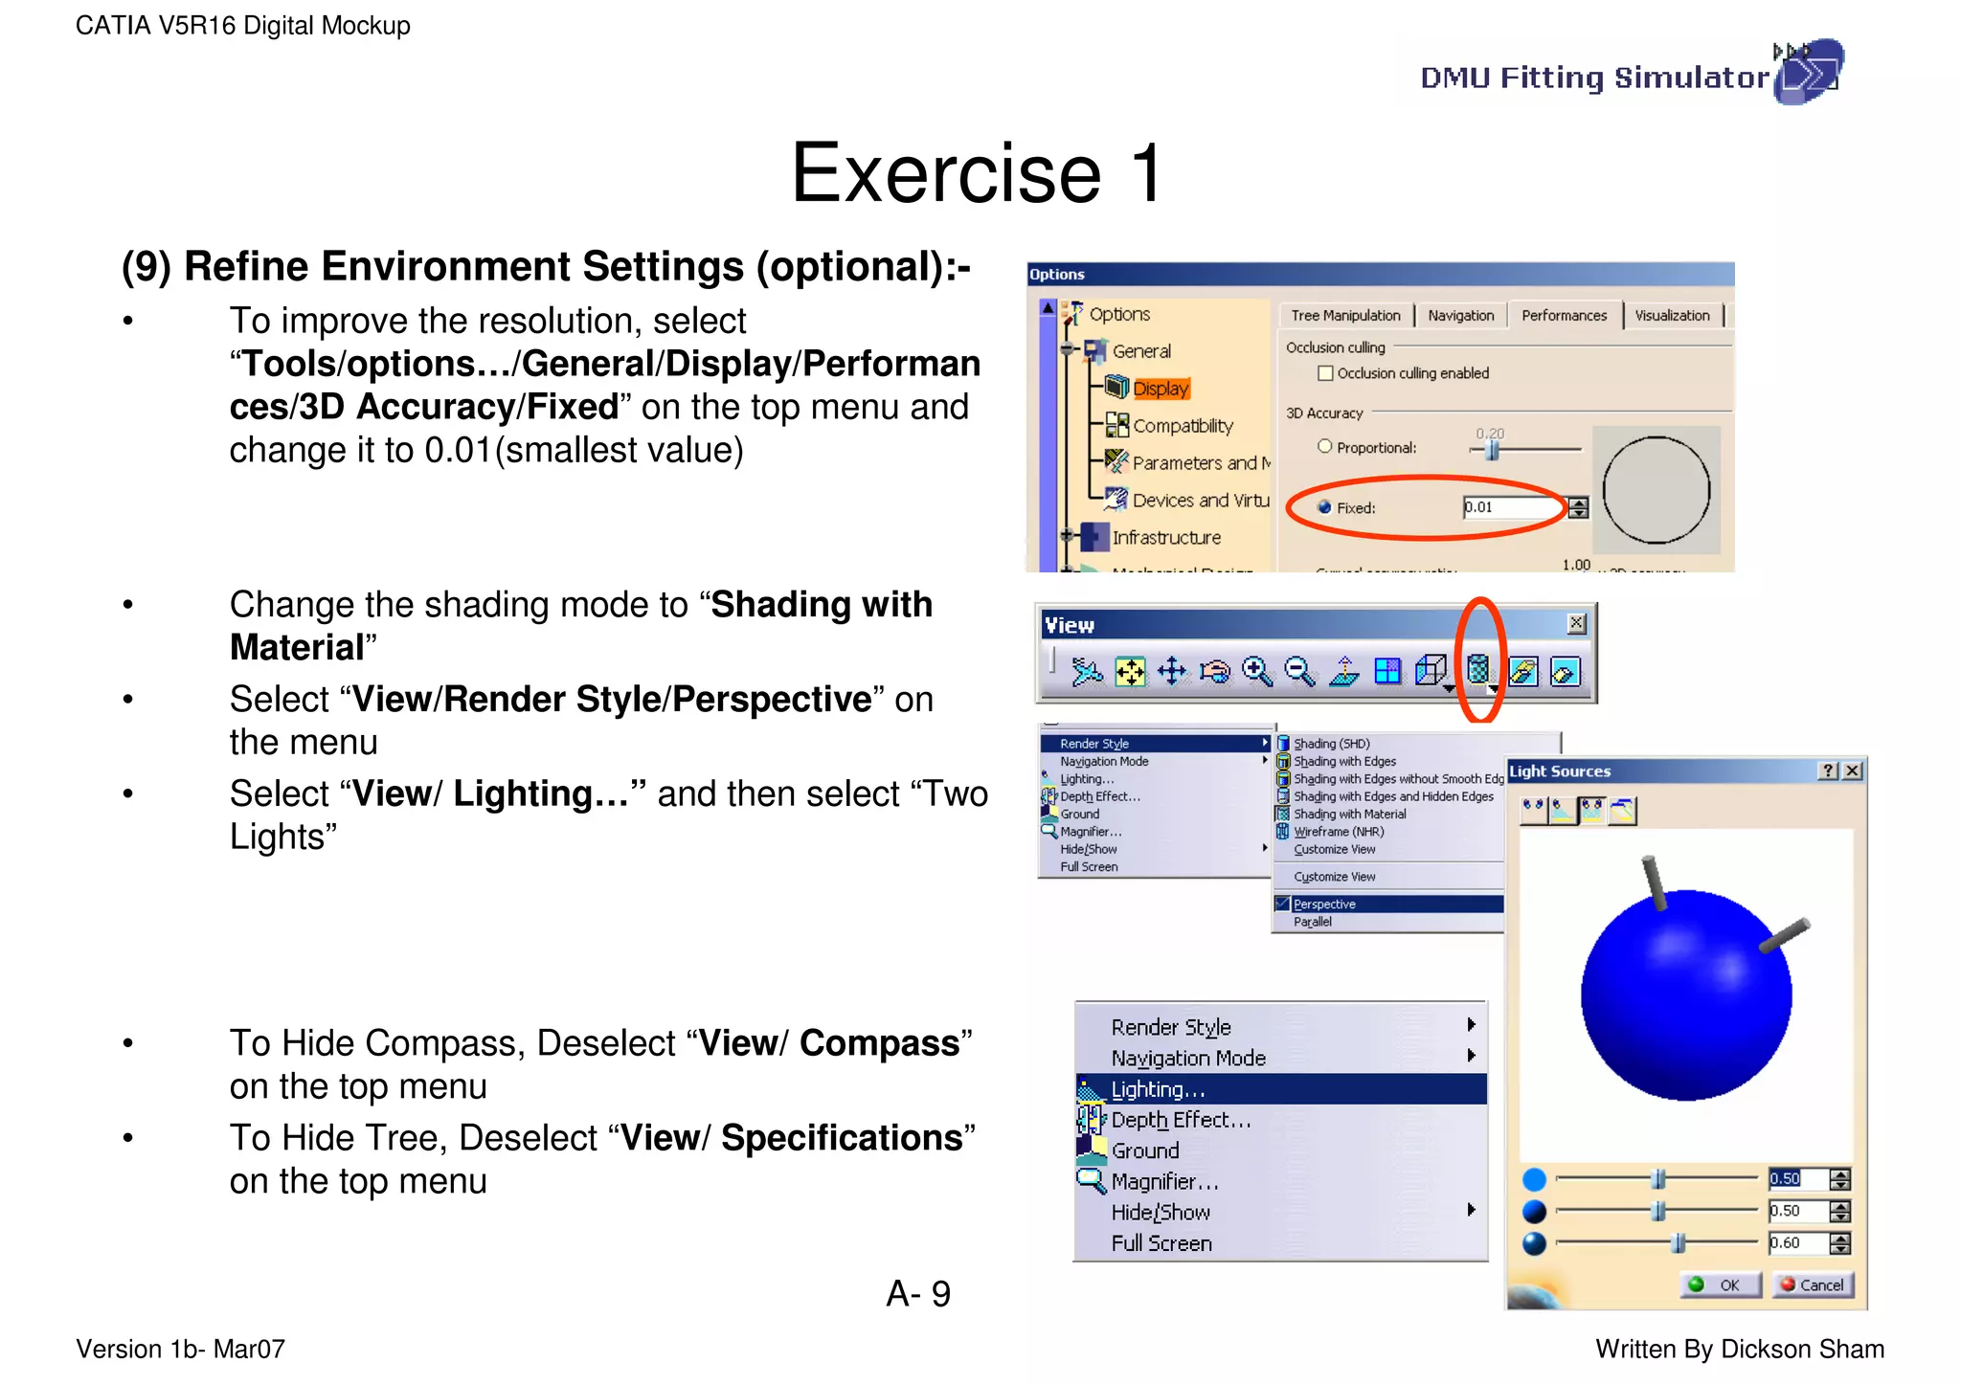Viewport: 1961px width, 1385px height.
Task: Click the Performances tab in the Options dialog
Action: click(1564, 316)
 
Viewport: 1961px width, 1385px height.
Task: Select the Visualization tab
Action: click(1672, 316)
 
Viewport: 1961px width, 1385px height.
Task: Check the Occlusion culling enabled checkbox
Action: click(1325, 373)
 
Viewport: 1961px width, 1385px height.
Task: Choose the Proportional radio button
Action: click(1325, 447)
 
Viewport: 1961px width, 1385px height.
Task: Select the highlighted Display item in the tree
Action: click(1161, 389)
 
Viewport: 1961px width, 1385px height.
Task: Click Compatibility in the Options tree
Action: click(1183, 426)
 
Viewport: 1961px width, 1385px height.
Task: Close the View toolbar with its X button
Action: click(1576, 624)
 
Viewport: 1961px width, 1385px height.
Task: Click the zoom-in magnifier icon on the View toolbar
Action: click(1256, 672)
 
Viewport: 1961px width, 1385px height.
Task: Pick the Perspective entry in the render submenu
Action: click(1324, 905)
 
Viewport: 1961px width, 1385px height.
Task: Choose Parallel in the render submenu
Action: click(1313, 922)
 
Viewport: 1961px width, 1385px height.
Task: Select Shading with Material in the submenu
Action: click(1350, 815)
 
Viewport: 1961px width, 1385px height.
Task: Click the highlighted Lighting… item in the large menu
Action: click(1159, 1089)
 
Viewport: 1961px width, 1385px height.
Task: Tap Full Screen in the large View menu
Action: click(1161, 1243)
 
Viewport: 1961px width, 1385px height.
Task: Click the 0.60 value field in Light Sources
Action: click(1796, 1243)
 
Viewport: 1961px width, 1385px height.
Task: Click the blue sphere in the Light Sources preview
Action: click(1686, 995)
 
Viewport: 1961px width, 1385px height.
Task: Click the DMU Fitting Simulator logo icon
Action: click(1808, 72)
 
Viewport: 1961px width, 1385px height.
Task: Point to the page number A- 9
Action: click(918, 1294)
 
